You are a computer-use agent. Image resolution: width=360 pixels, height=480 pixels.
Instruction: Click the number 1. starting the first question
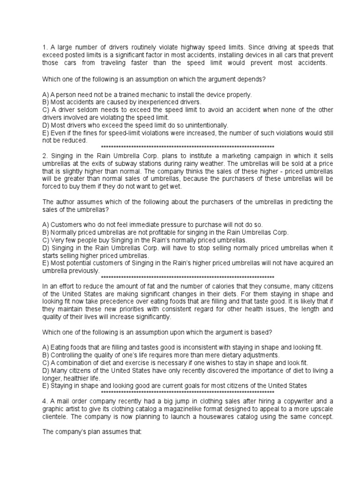coord(45,47)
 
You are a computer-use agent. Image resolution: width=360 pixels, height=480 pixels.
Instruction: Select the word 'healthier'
coord(82,378)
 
